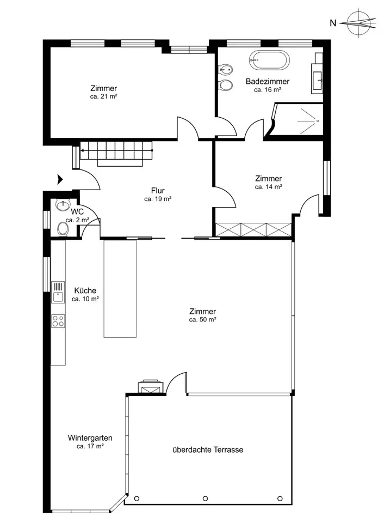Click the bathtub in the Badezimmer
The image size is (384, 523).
pyautogui.click(x=269, y=60)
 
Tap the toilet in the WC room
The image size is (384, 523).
pyautogui.click(x=63, y=229)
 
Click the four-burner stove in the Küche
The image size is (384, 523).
pyautogui.click(x=58, y=321)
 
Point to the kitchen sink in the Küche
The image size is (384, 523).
pyautogui.click(x=58, y=292)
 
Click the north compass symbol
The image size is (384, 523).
pyautogui.click(x=361, y=23)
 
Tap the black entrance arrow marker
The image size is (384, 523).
pyautogui.click(x=60, y=179)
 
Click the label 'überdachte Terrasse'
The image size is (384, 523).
pyautogui.click(x=208, y=449)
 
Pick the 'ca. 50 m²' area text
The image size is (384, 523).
pyautogui.click(x=203, y=320)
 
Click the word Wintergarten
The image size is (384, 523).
pyautogui.click(x=90, y=438)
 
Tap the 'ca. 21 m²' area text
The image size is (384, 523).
pyautogui.click(x=103, y=97)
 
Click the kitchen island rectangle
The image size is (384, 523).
pyautogui.click(x=120, y=289)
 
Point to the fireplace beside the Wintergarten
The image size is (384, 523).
pyautogui.click(x=151, y=387)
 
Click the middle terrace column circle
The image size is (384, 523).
pyautogui.click(x=206, y=498)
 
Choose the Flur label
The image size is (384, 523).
pyautogui.click(x=158, y=191)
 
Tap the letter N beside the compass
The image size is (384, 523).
pyautogui.click(x=333, y=23)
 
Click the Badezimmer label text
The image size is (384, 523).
pyautogui.click(x=268, y=81)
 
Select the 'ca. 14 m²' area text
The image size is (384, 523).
pyautogui.click(x=269, y=187)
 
